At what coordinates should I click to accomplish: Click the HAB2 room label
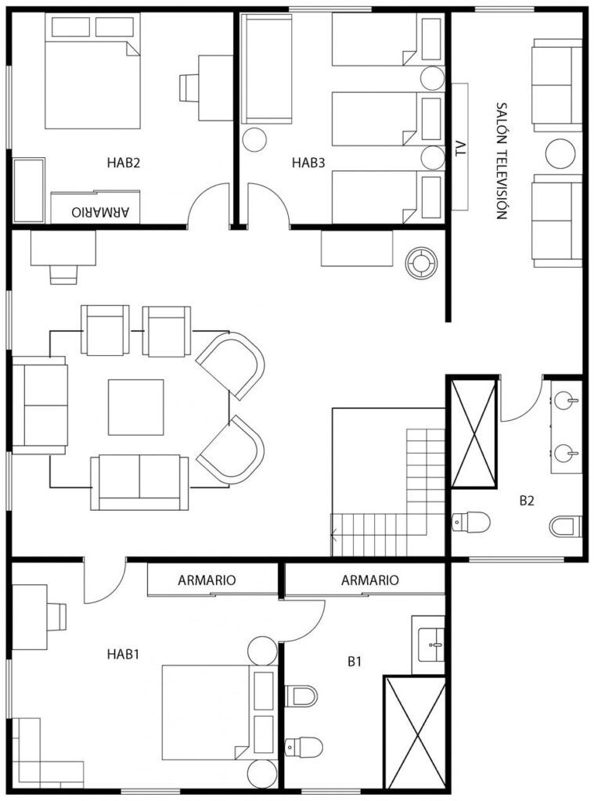(x=123, y=163)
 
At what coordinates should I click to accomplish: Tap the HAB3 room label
(x=308, y=163)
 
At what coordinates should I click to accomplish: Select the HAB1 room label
(x=123, y=655)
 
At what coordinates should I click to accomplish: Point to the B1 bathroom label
(x=355, y=662)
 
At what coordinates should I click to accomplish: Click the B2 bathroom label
(x=527, y=501)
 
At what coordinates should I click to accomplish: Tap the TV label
(x=461, y=149)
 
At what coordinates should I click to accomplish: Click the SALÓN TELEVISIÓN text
(x=502, y=161)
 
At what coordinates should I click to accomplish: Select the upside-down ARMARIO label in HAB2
(x=101, y=212)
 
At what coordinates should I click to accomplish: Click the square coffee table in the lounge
(x=136, y=407)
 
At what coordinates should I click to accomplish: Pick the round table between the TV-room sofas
(x=560, y=154)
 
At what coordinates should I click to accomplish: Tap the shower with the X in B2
(x=473, y=432)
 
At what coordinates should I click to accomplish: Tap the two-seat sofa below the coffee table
(x=139, y=483)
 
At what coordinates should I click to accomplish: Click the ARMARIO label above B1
(x=369, y=580)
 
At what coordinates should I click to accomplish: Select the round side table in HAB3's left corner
(x=254, y=139)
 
